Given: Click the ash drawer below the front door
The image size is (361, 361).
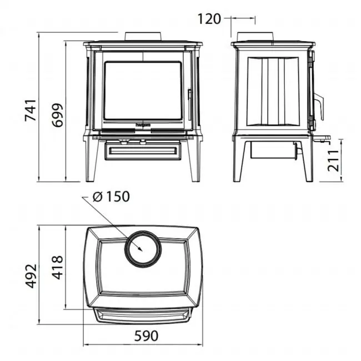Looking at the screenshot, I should tap(143, 151).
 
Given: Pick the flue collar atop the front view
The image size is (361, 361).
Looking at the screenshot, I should tap(143, 37).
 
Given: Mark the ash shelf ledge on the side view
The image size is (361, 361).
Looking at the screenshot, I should tap(322, 137).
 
